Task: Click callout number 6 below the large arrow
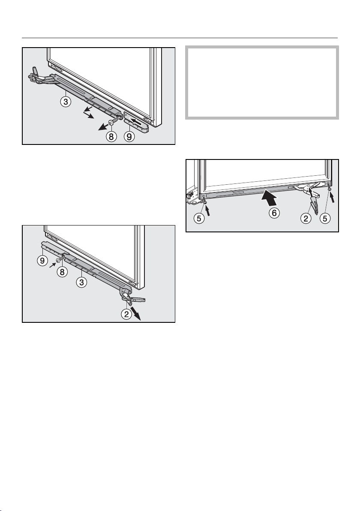[274, 213]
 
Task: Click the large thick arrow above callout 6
[269, 197]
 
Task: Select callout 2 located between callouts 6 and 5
[306, 218]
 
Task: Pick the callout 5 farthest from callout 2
[199, 218]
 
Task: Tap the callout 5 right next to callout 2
[325, 218]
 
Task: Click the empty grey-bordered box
[262, 82]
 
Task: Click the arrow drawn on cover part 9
[136, 123]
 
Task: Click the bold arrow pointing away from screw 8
[104, 127]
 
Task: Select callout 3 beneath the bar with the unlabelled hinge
[66, 102]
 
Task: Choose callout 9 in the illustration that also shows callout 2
[42, 261]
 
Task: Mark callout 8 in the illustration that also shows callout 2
[62, 271]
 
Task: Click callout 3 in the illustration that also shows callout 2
[81, 282]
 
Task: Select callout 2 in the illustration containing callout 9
[126, 314]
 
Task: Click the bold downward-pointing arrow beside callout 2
[136, 313]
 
